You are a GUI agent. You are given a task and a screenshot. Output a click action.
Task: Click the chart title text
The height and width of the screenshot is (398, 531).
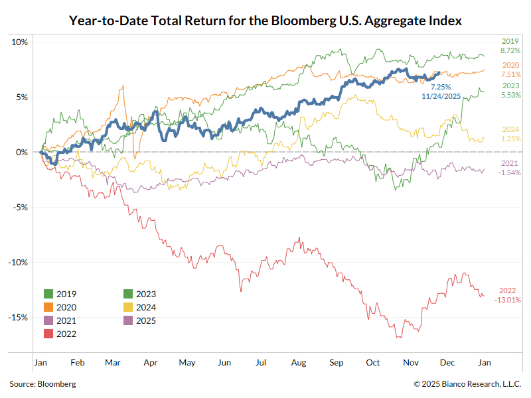(265, 21)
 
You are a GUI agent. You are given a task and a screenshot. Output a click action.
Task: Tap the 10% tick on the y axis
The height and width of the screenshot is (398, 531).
(20, 42)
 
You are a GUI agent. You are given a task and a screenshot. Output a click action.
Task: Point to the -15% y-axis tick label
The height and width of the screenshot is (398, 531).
(18, 317)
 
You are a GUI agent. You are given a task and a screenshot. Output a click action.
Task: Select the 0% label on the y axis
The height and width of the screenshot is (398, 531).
(22, 152)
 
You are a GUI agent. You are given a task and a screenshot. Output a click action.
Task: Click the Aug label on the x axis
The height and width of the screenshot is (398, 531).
(298, 363)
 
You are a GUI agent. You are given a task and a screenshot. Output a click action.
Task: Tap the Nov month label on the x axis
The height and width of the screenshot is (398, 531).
(411, 363)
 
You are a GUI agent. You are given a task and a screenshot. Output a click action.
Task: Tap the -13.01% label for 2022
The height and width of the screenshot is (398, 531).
(508, 300)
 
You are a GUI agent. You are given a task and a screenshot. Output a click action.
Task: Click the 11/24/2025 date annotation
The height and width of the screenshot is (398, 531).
(441, 96)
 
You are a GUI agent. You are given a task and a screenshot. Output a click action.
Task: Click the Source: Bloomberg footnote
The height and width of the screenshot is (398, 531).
(42, 383)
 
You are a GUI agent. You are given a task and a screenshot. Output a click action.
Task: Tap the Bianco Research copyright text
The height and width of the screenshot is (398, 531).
(467, 383)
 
